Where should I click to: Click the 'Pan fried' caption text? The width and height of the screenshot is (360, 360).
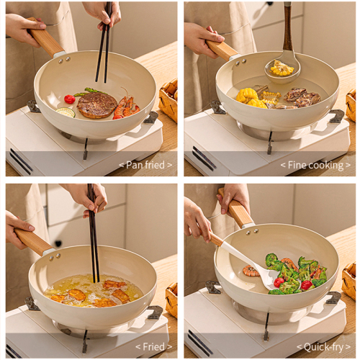pyautogui.click(x=145, y=165)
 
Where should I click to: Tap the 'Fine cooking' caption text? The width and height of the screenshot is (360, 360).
pyautogui.click(x=315, y=166)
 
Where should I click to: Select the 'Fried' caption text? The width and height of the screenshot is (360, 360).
pyautogui.click(x=154, y=346)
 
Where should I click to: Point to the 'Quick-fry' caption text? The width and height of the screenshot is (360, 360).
pyautogui.click(x=324, y=347)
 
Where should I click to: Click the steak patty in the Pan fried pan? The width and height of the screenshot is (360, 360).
pyautogui.click(x=96, y=105)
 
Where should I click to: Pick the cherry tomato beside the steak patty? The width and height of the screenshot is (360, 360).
pyautogui.click(x=70, y=99)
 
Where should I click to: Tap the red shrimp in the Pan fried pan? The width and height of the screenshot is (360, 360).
pyautogui.click(x=126, y=107)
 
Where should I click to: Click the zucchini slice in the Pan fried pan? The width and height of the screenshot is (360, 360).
pyautogui.click(x=66, y=112)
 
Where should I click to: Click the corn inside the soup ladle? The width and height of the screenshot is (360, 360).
pyautogui.click(x=282, y=68)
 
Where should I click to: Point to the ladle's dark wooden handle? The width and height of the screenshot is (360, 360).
pyautogui.click(x=287, y=27)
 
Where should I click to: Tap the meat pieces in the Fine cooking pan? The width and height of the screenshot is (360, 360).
pyautogui.click(x=302, y=97)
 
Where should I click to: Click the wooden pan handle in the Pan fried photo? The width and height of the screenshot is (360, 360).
pyautogui.click(x=45, y=37)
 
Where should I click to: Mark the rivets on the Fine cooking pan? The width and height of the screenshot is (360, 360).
pyautogui.click(x=240, y=62)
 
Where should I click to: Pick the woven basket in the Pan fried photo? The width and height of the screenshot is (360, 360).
pyautogui.click(x=168, y=99)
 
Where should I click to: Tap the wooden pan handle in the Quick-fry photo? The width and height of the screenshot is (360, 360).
pyautogui.click(x=237, y=209)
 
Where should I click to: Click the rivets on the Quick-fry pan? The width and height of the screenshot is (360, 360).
pyautogui.click(x=252, y=232)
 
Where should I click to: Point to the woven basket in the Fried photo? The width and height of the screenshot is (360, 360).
pyautogui.click(x=172, y=300)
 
